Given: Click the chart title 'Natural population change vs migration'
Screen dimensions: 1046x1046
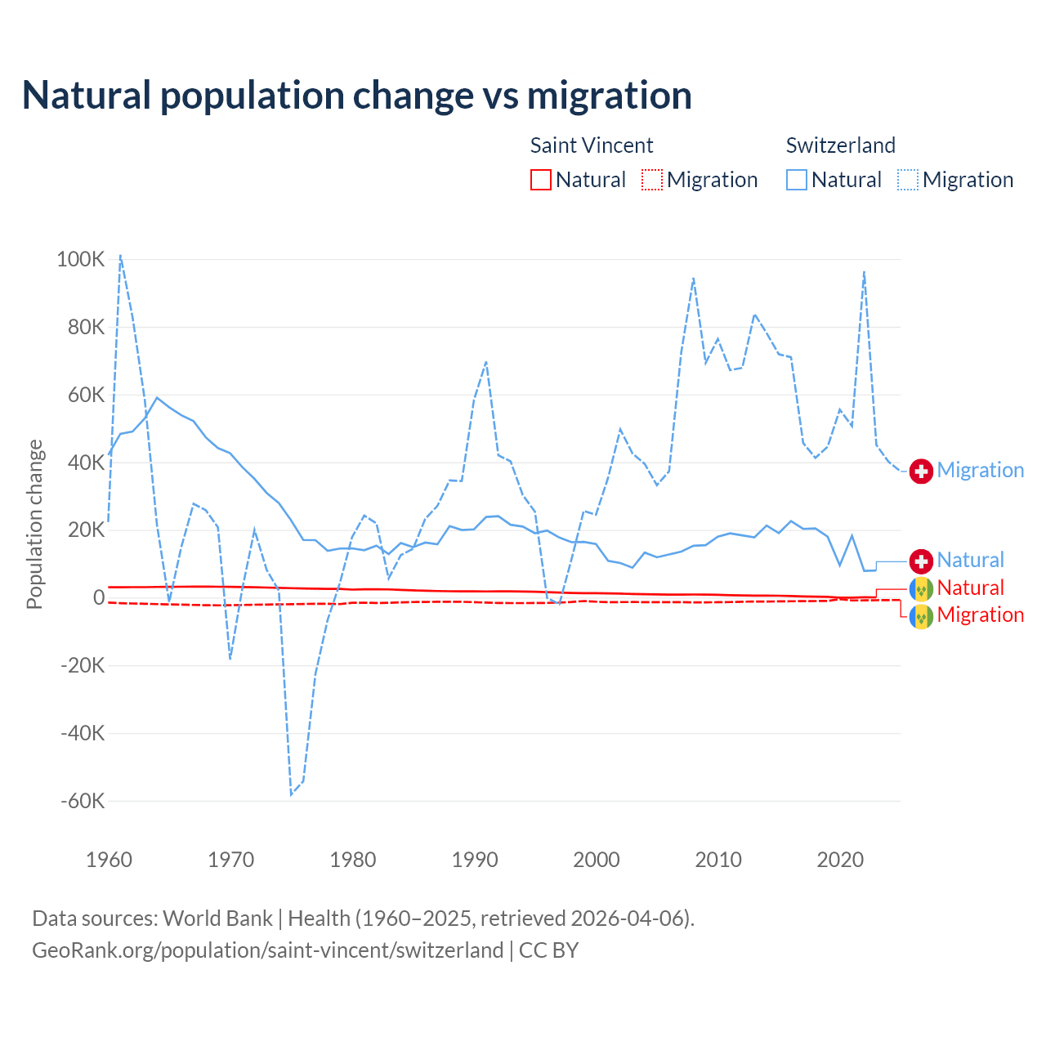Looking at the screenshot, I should pos(356,95).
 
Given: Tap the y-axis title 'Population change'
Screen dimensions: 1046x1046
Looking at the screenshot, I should pos(34,524).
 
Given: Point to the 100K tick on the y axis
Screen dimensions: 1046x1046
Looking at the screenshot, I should pos(81,260).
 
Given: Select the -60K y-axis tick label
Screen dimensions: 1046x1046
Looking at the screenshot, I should pos(83,801).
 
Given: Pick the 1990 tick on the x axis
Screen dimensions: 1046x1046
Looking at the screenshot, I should pos(475,860).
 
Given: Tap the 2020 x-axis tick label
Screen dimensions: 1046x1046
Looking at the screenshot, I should pos(840,860).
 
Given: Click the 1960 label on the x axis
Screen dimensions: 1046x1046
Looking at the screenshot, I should pos(109,860).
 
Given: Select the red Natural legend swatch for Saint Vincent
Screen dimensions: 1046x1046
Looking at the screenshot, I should pos(541,180).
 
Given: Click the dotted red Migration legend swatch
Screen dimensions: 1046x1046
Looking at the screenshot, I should pos(652,180).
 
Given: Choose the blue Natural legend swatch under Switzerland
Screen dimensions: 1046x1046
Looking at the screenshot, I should pos(797,180).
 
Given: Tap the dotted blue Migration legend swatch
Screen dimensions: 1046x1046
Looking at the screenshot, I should pos(908,180).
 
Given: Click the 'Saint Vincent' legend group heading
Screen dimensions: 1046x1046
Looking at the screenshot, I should pos(592,145).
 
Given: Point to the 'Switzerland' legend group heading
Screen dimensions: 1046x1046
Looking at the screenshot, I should pos(841,145).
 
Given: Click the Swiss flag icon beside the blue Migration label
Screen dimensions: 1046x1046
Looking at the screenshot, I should pos(921,471).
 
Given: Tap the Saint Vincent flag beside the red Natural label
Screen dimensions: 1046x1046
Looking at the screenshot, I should pos(921,588).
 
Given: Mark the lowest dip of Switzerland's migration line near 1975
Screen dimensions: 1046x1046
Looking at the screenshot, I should pos(291,794).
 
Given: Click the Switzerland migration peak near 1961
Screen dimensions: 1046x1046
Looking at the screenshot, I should pos(121,255).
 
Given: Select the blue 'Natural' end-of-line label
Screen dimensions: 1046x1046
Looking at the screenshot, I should pos(971,561).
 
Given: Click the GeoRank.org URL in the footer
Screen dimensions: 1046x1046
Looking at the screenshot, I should pos(267,950).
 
